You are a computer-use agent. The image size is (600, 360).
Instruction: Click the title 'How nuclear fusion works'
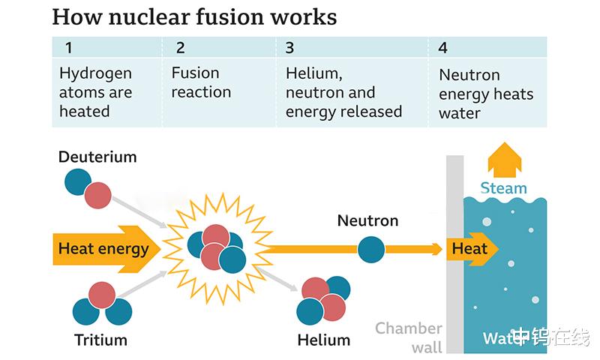[x=194, y=16]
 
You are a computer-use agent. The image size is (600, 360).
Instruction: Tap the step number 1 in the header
[x=69, y=49]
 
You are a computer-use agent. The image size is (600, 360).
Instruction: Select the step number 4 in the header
[x=443, y=49]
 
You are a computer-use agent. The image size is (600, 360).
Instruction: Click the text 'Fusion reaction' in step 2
[x=201, y=82]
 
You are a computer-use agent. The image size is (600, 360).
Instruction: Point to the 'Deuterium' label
[x=97, y=157]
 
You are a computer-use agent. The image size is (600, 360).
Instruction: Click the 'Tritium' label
[x=100, y=340]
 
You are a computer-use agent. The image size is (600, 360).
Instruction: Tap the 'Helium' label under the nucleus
[x=323, y=340]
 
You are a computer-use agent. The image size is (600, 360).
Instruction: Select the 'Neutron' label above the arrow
[x=367, y=221]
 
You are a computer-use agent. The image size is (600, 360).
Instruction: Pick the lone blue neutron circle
[x=370, y=250]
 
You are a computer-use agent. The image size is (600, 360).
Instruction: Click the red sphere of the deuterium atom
[x=97, y=196]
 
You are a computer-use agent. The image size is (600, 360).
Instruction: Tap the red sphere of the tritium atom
[x=102, y=295]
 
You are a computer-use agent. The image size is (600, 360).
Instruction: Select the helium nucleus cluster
[x=323, y=298]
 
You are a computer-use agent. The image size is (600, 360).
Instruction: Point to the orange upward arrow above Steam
[x=504, y=159]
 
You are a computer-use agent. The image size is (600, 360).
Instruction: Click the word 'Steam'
[x=504, y=188]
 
